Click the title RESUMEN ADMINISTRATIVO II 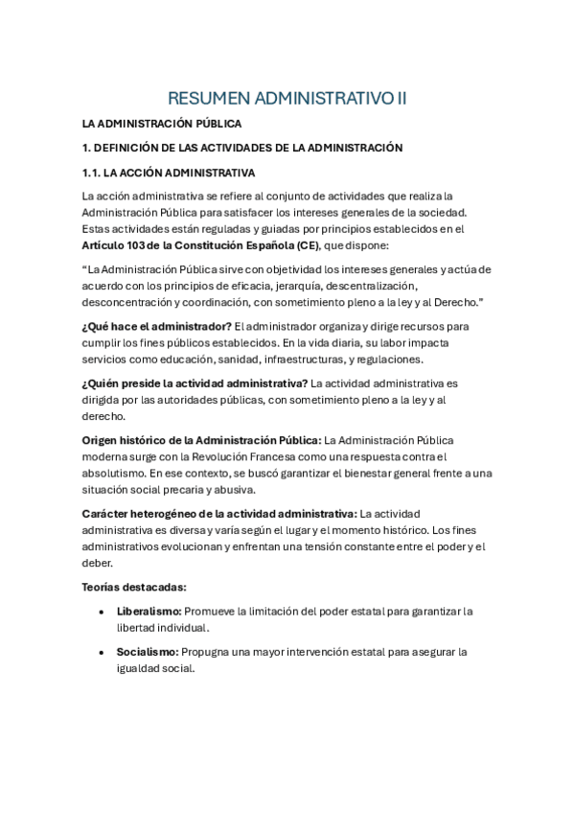click(287, 98)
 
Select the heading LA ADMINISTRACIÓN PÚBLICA click(161, 124)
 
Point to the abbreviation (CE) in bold click(307, 244)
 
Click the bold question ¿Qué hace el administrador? click(156, 326)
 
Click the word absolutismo click(115, 473)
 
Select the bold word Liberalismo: click(149, 611)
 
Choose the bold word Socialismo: click(148, 652)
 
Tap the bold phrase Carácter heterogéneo click(137, 514)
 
